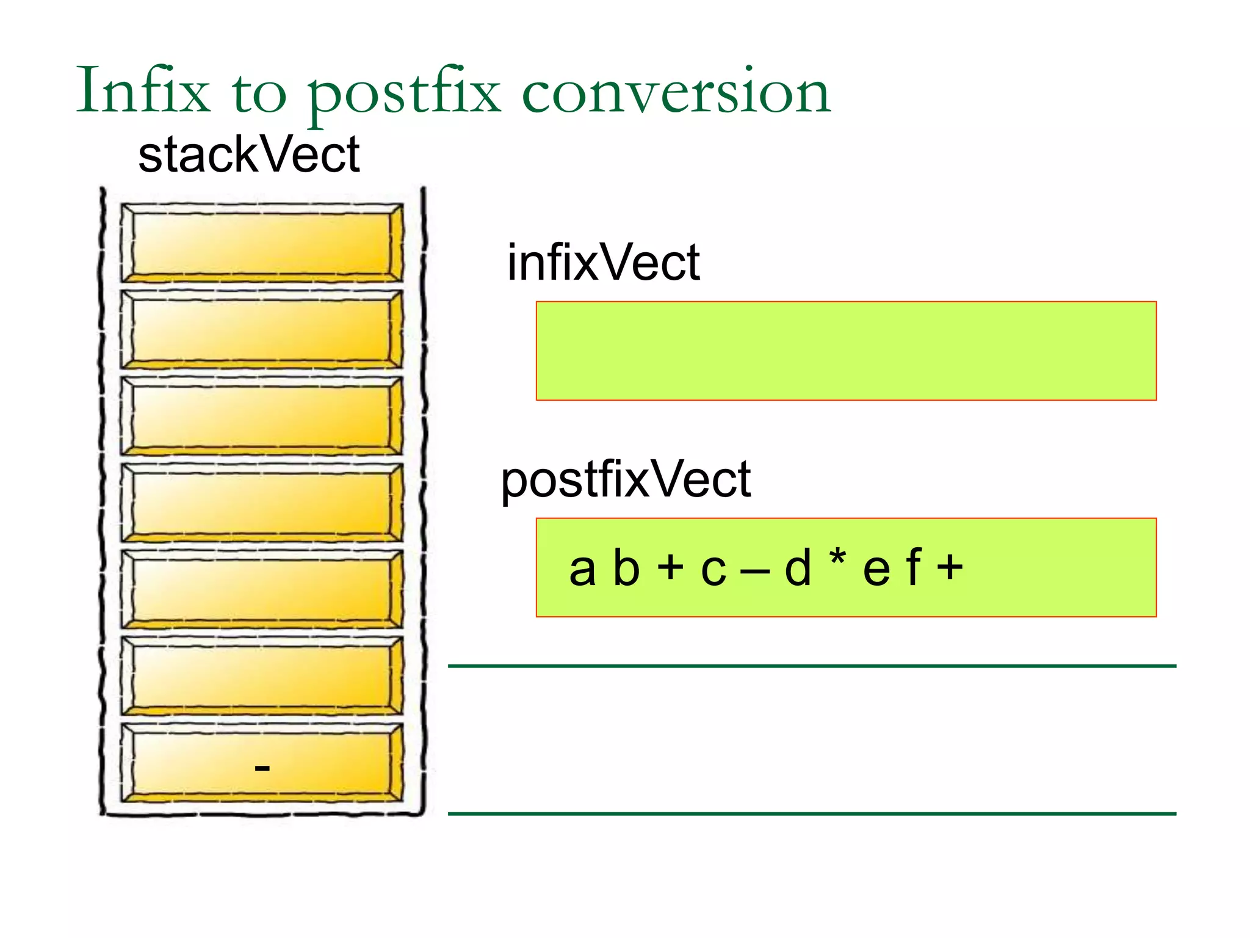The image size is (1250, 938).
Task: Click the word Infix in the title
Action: coord(143,90)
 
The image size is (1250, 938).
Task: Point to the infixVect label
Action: coord(603,263)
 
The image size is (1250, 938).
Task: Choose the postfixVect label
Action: coord(626,480)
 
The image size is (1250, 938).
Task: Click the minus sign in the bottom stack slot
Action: coord(262,768)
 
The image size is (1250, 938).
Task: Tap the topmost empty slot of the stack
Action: coord(261,242)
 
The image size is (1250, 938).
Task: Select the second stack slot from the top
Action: coord(261,329)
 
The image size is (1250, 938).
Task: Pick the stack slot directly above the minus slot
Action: coord(261,675)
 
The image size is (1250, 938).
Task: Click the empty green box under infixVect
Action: coord(846,351)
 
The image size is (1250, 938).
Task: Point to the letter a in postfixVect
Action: coord(582,569)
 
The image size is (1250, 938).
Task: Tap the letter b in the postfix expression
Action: coord(626,568)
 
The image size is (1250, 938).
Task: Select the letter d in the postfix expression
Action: coord(798,568)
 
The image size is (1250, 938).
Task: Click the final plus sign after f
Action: coord(950,567)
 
